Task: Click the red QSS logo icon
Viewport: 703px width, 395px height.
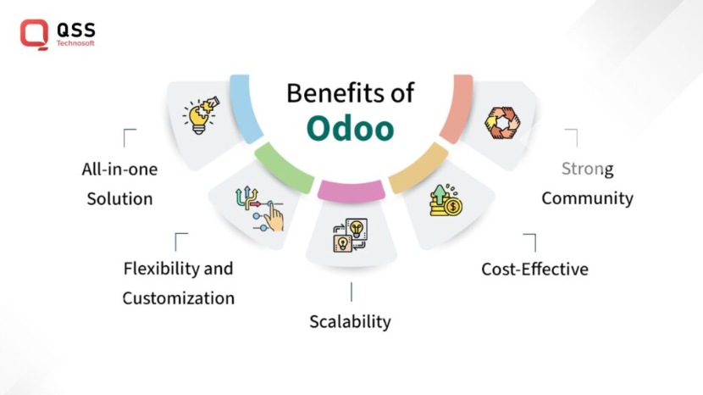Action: tap(34, 34)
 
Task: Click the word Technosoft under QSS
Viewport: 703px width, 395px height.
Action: tap(75, 43)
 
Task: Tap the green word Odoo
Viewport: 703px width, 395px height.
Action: tap(350, 128)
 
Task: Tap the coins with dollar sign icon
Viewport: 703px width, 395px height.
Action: tap(443, 201)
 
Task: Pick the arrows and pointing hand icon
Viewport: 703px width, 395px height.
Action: tap(258, 209)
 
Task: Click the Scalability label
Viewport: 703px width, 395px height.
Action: tap(350, 321)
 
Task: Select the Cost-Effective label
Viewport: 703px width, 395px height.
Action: tap(534, 270)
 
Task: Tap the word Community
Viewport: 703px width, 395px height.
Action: tap(587, 198)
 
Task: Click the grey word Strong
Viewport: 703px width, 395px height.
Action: tap(587, 169)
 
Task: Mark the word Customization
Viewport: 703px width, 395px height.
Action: tap(178, 298)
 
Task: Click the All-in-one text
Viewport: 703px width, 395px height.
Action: tap(119, 169)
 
